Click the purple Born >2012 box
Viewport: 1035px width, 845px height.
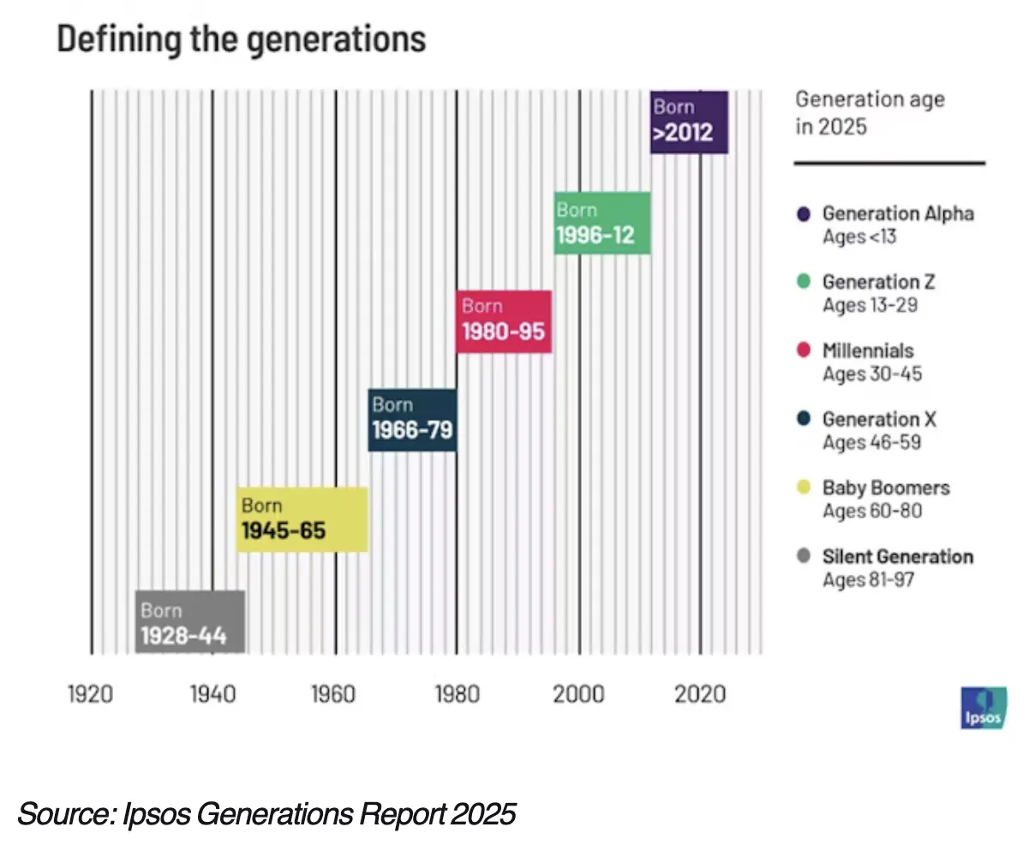(689, 122)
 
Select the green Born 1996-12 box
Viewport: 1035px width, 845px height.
(602, 224)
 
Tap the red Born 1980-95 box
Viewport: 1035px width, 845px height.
(504, 321)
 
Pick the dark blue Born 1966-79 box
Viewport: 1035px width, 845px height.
(412, 420)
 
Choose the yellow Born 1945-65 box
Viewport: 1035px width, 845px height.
(302, 519)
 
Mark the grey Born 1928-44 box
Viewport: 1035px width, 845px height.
(190, 622)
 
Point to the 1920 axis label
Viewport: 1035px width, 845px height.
(90, 693)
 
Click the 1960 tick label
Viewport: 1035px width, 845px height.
(333, 693)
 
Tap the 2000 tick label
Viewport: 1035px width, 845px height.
(578, 693)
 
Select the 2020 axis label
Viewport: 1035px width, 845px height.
(700, 693)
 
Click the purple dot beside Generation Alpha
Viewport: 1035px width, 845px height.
(803, 213)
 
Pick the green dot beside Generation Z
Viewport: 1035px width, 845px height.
(803, 281)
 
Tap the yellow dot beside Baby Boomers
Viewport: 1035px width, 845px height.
(803, 488)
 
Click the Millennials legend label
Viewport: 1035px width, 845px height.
(868, 351)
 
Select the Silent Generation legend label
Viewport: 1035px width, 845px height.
(897, 556)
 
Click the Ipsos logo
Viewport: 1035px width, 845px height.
(984, 709)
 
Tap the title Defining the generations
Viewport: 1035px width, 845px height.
(241, 39)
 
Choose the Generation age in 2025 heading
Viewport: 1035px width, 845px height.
(870, 112)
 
